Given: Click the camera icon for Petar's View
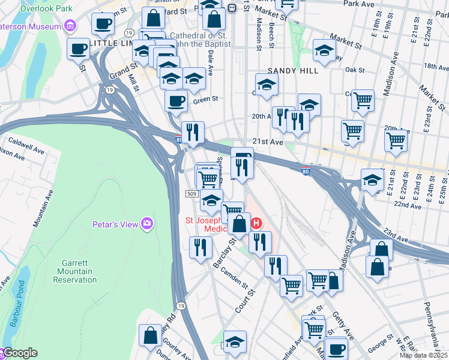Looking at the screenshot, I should click(147, 224).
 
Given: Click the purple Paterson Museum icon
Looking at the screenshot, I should click(71, 26).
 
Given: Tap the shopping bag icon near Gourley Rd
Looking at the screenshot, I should click(150, 335).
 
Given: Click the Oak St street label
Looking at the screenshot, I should click(355, 70).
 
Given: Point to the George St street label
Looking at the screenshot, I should click(381, 346).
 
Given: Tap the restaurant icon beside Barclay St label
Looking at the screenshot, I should click(200, 247).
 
